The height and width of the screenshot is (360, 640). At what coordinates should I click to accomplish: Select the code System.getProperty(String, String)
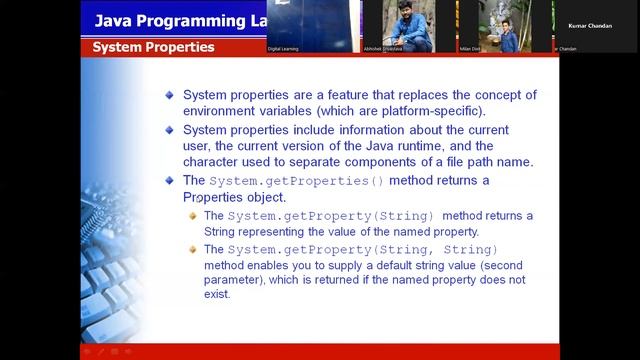pyautogui.click(x=362, y=249)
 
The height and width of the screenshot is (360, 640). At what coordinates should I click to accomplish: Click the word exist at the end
pyautogui.click(x=217, y=294)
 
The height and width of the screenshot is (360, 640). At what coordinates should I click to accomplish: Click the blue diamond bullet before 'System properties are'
pyautogui.click(x=171, y=94)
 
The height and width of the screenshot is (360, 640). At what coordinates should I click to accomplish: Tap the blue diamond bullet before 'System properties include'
pyautogui.click(x=171, y=130)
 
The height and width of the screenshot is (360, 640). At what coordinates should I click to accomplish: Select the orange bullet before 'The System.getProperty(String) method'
pyautogui.click(x=193, y=215)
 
